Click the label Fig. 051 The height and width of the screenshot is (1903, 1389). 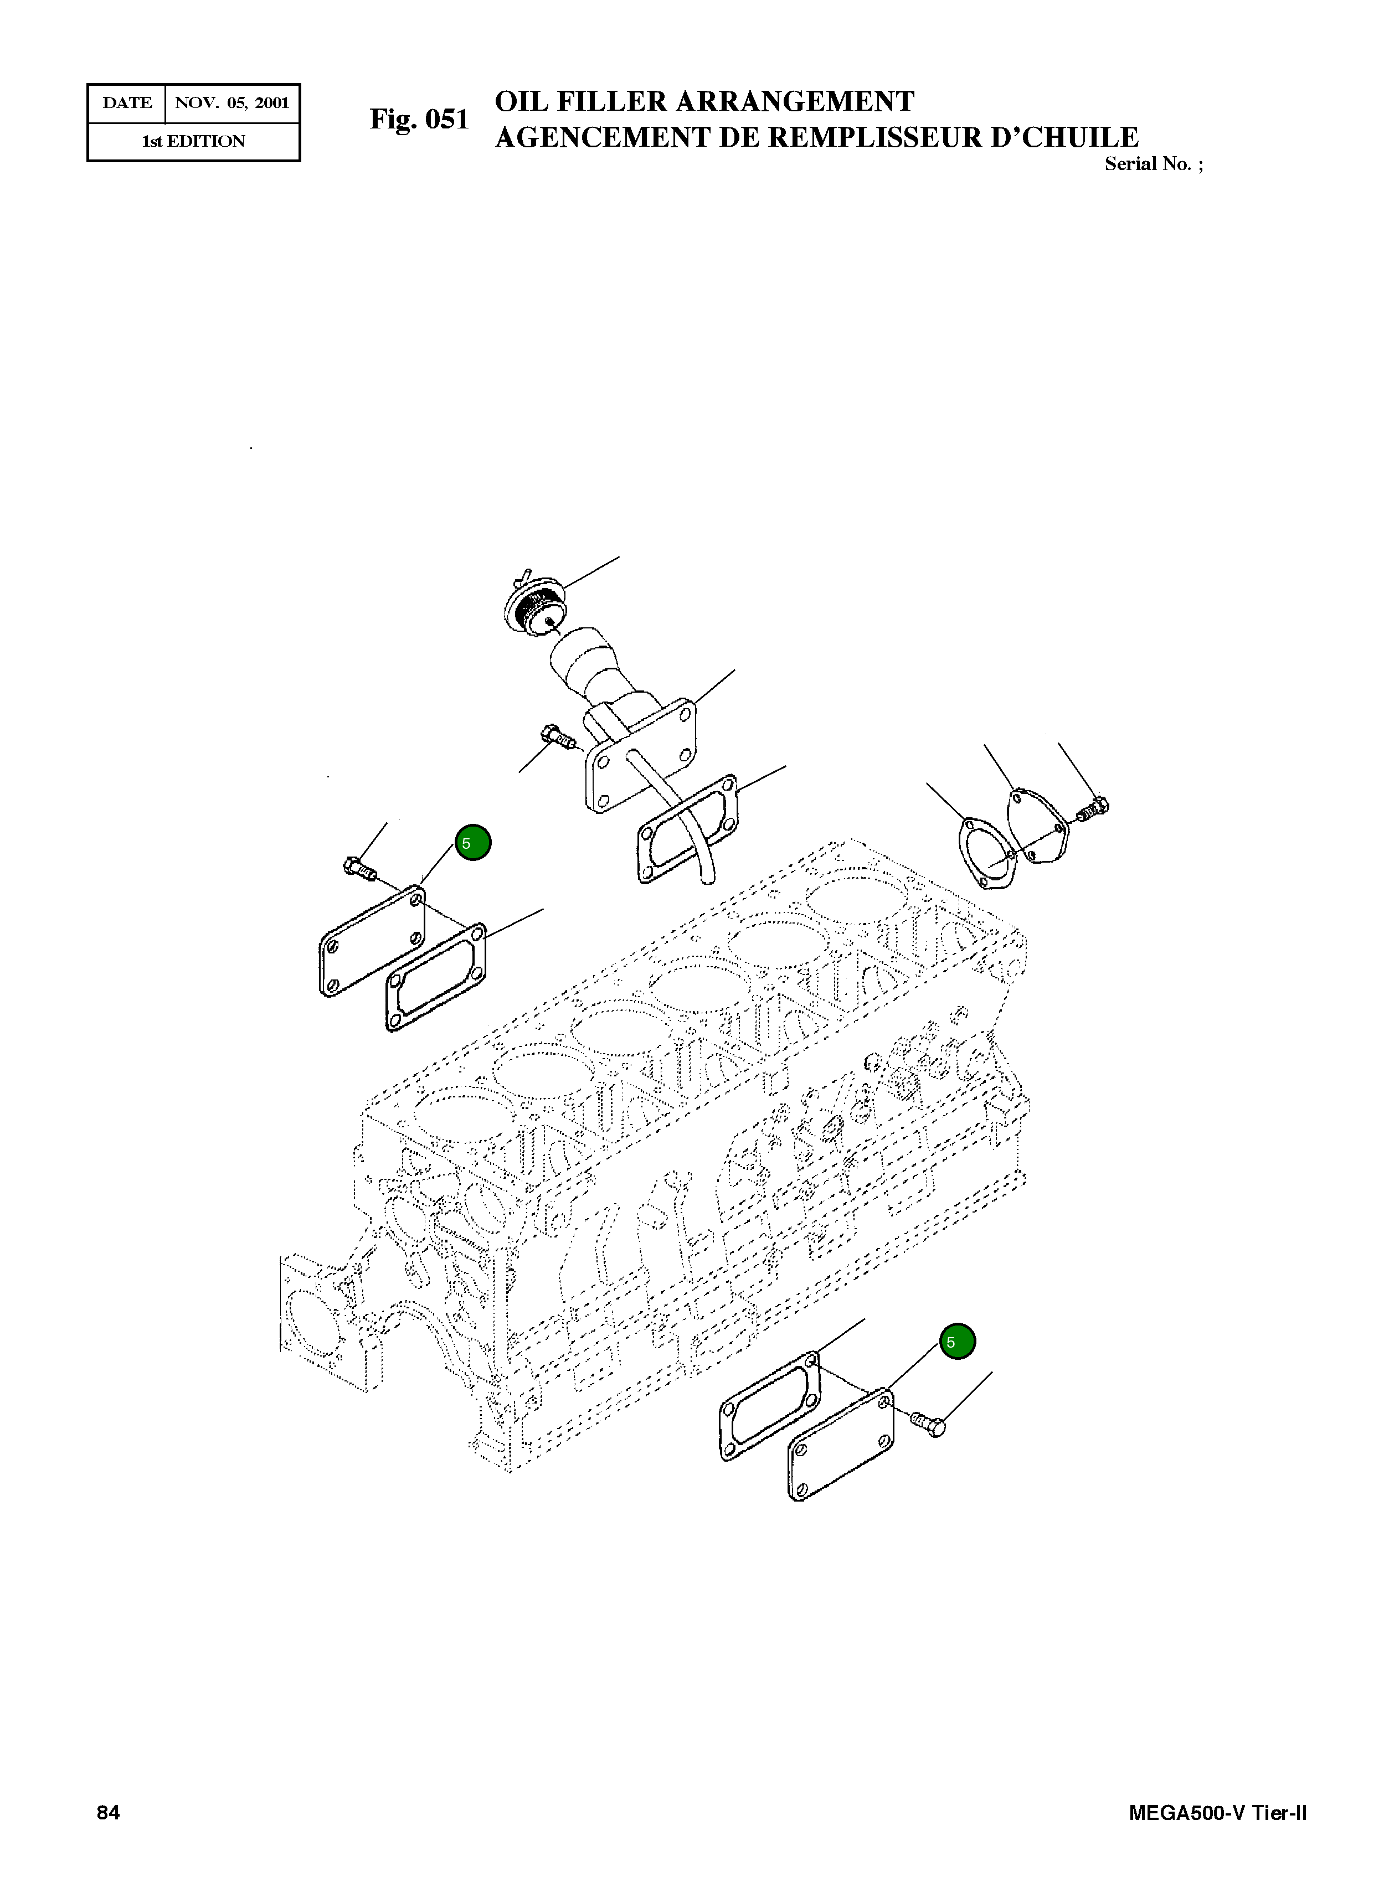[x=419, y=120]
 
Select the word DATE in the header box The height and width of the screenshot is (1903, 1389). [x=127, y=104]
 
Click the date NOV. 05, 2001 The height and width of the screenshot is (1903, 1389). [x=231, y=104]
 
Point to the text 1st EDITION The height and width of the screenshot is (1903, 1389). [x=193, y=141]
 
